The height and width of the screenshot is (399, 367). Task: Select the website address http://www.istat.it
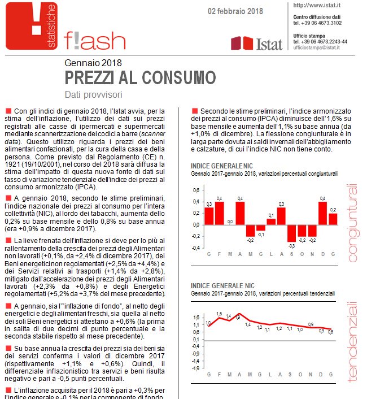[316, 5]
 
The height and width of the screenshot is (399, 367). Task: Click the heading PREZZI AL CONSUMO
[140, 77]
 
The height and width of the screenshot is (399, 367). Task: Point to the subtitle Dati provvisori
[94, 94]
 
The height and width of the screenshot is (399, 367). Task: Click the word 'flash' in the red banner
[95, 39]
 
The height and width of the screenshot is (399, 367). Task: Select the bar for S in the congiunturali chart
[292, 233]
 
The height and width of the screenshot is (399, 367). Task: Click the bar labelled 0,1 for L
[271, 221]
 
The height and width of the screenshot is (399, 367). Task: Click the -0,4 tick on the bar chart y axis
[195, 248]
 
